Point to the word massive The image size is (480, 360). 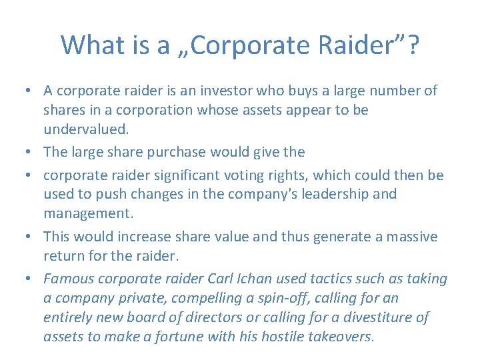[x=409, y=237]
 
